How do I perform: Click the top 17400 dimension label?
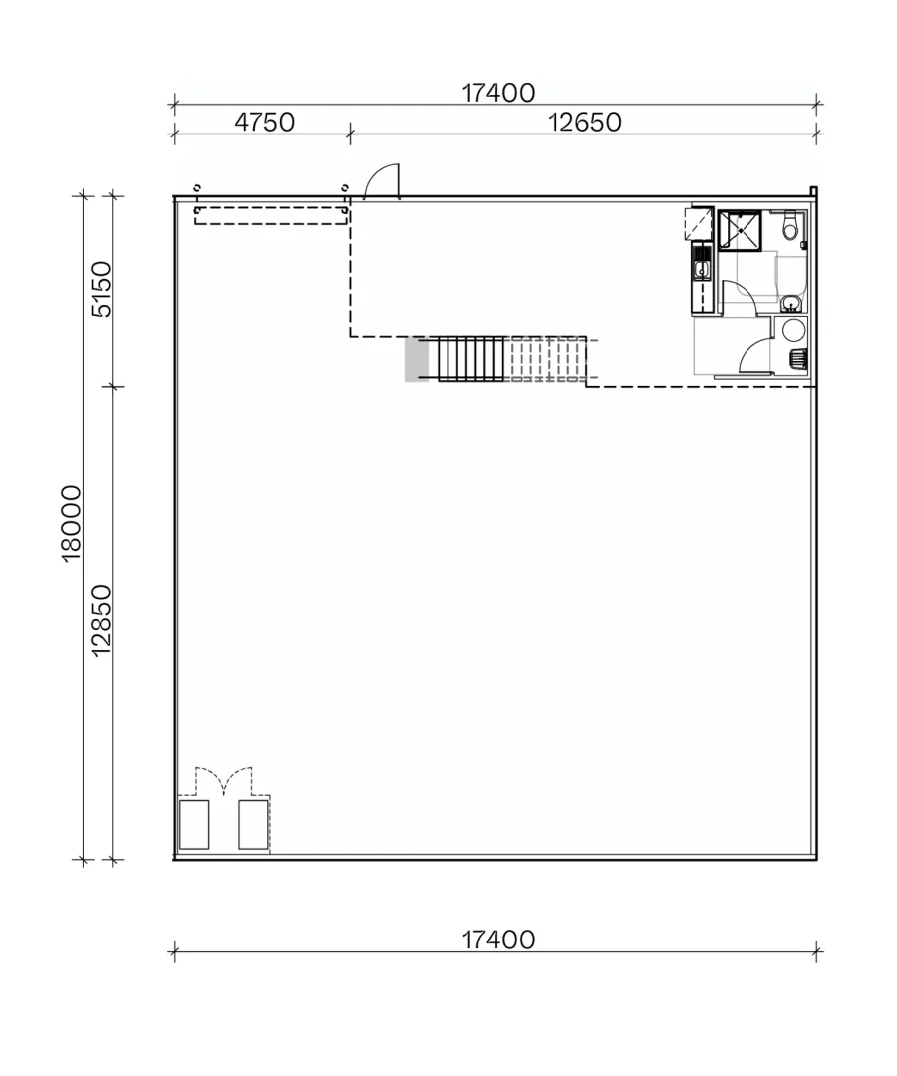coord(498,93)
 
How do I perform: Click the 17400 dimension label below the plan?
coord(498,940)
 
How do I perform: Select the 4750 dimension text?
coord(264,122)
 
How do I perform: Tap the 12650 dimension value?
coord(584,122)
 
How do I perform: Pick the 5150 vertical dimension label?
coord(102,289)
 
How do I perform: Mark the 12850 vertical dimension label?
coord(102,620)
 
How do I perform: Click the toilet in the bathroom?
coord(790,228)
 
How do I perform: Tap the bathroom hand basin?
coord(790,303)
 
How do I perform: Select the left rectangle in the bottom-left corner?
coord(194,824)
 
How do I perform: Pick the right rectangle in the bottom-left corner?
coord(253,824)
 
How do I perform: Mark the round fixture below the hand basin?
coord(794,331)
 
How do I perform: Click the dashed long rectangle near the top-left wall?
coord(270,215)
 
